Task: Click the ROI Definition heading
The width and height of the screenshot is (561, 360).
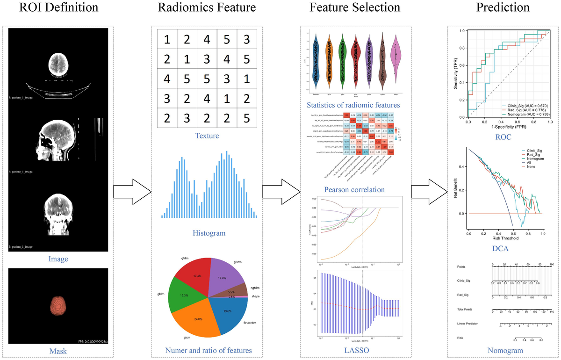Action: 58,8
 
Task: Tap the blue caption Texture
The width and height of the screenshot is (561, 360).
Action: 206,136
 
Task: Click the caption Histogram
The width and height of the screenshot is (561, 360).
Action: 209,233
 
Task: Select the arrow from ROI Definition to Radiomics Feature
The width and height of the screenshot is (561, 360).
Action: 133,192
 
